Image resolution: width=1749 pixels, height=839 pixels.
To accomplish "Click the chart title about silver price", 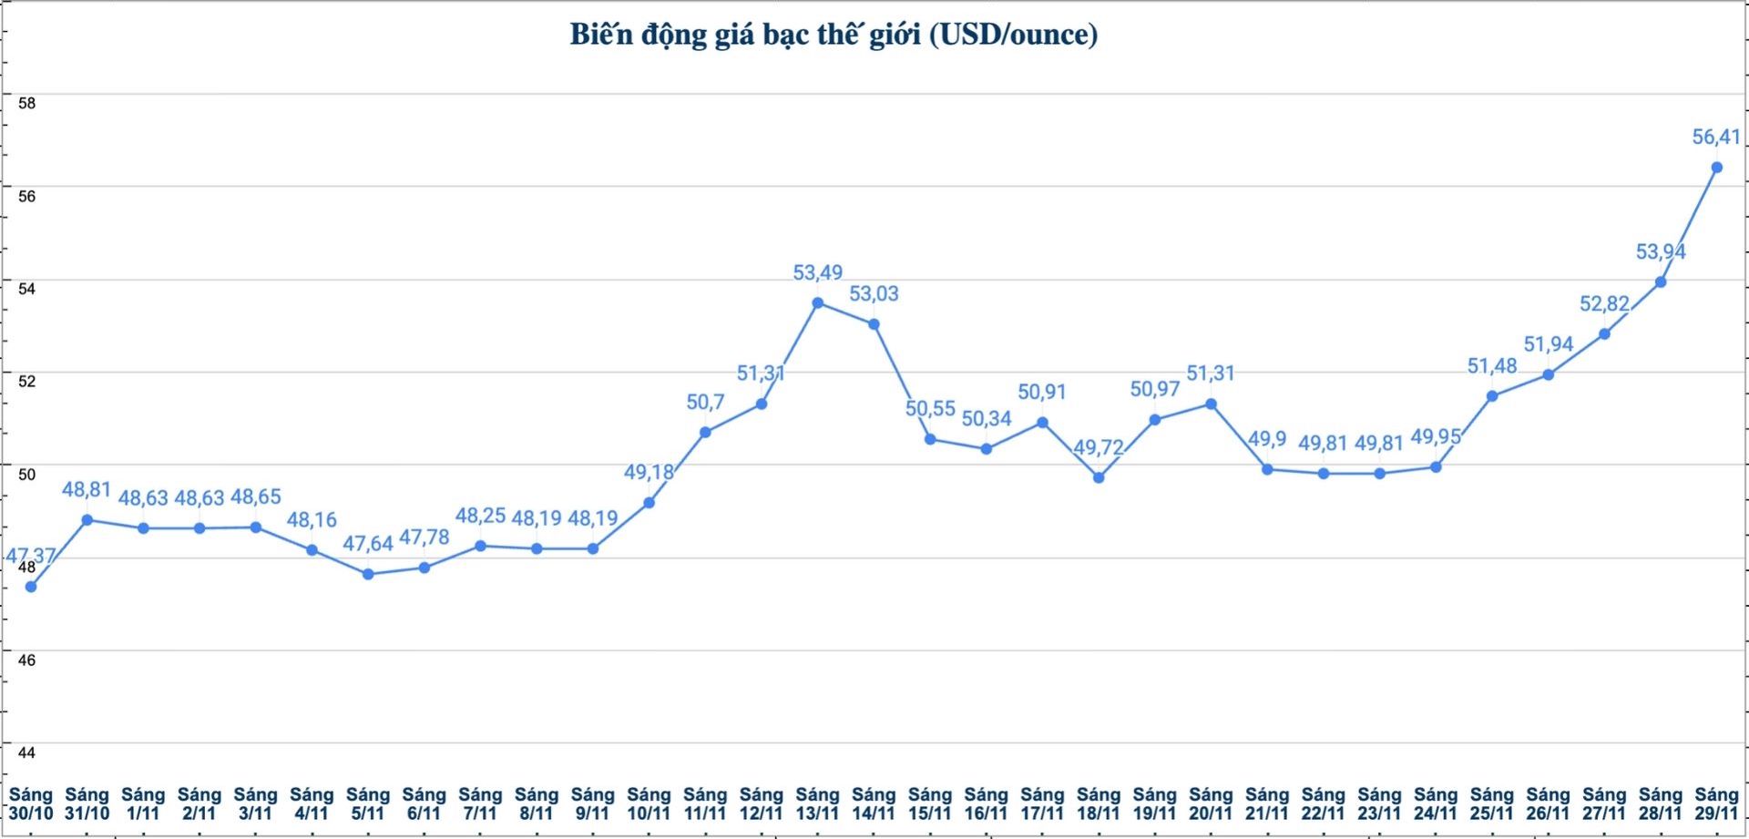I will tap(834, 35).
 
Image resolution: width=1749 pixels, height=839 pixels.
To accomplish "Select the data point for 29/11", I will tap(1716, 168).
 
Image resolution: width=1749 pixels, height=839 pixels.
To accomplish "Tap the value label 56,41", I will tap(1716, 138).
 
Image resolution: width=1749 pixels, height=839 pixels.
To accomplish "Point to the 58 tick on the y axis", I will tap(27, 103).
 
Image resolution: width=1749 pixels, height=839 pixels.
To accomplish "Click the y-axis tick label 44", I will tap(27, 752).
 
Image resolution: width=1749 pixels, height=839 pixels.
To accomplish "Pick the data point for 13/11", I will tap(817, 302).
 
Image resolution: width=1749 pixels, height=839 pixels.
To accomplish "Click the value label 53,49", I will tap(817, 272).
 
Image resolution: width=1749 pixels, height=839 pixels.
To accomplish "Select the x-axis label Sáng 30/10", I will tap(31, 803).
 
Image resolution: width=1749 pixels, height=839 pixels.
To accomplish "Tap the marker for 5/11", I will tap(368, 574).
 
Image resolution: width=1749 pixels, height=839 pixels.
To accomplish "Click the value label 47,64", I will tap(368, 544).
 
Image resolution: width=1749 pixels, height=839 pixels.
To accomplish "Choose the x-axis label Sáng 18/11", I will tap(1099, 803).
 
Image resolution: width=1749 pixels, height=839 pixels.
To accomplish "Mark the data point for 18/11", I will tap(1099, 477).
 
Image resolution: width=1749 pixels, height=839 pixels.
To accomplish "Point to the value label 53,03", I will tap(874, 293).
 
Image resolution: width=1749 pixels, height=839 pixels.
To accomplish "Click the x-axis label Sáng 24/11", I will tap(1436, 803).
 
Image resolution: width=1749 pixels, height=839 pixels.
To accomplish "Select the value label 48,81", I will tap(87, 490).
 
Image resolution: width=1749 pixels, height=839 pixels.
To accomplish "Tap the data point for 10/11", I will tap(649, 503).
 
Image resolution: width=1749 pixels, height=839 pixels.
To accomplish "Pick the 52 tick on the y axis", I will tap(27, 381).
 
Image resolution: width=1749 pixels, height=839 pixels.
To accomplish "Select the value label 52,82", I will tap(1604, 304).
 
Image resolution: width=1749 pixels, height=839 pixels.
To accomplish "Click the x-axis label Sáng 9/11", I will tap(593, 803).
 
